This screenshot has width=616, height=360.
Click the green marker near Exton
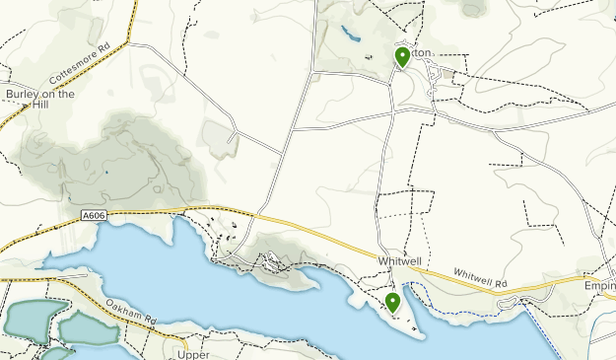coord(402,57)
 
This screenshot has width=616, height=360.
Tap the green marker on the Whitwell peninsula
coord(393,302)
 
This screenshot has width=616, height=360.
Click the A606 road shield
coord(94,213)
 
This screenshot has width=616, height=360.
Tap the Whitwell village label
coord(399,260)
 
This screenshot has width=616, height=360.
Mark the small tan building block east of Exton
coord(449,73)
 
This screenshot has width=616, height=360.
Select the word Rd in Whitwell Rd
coord(500,283)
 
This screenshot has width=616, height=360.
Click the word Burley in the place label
coord(23,95)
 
